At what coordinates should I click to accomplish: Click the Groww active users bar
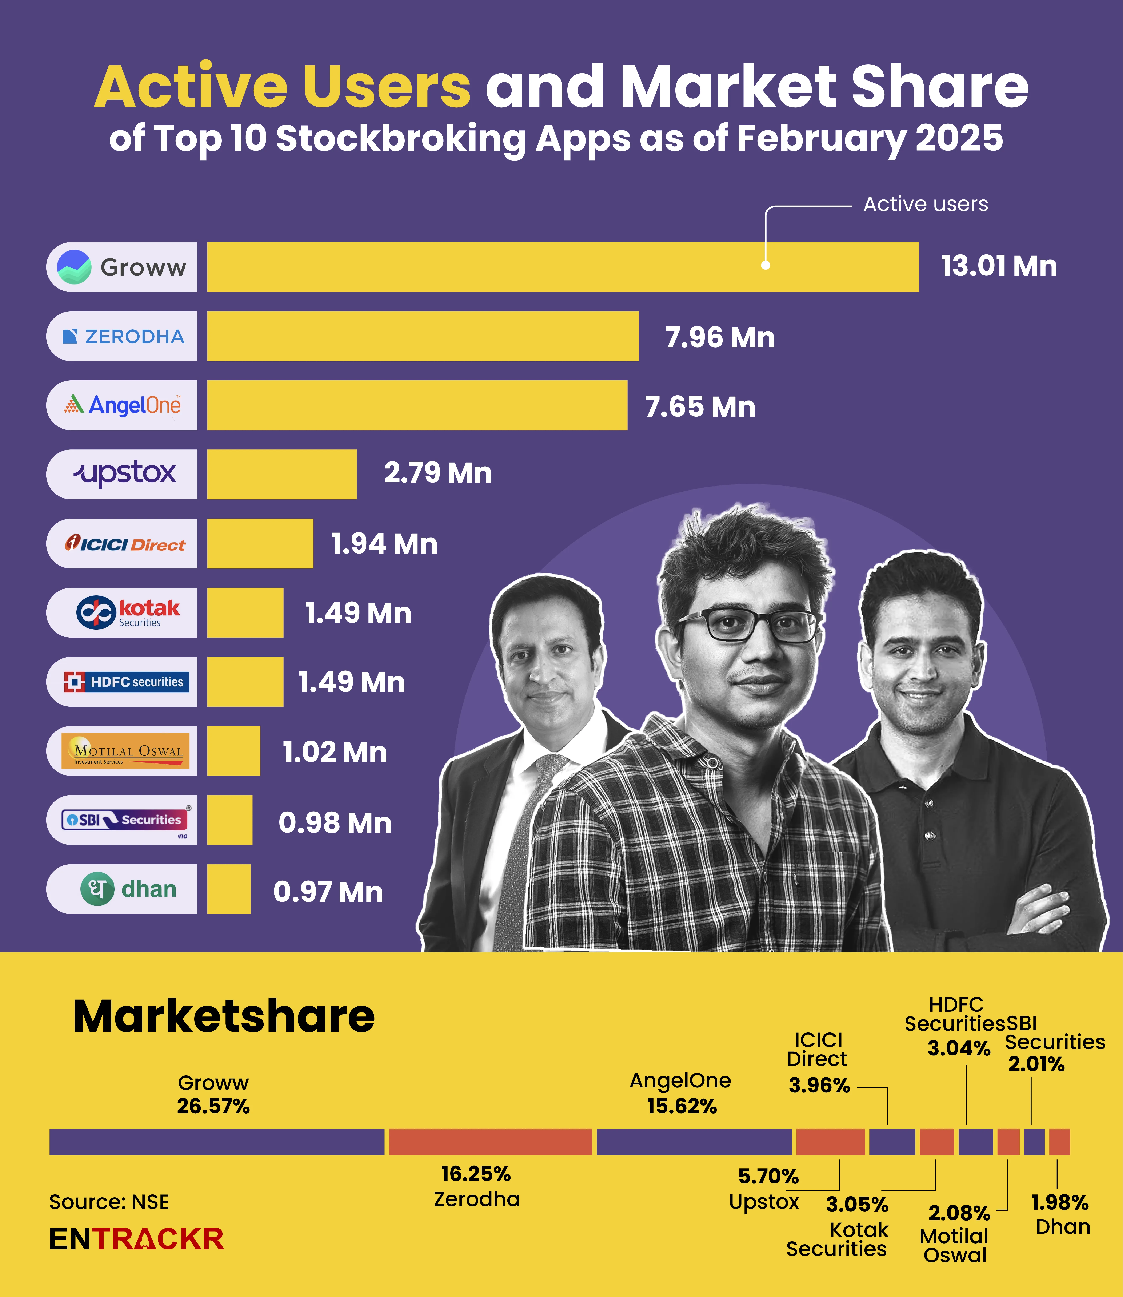click(563, 267)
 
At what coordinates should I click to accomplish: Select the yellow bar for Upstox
click(282, 474)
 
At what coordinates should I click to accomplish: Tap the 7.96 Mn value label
click(719, 337)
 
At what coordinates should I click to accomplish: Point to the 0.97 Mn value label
click(328, 891)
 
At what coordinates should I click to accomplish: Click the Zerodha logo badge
click(122, 336)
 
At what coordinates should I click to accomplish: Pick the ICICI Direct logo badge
click(122, 543)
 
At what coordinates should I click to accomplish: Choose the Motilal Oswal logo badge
click(122, 751)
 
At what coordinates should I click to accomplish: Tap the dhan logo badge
click(122, 889)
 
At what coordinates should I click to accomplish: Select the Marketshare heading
click(224, 1016)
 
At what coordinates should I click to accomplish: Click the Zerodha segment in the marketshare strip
click(490, 1142)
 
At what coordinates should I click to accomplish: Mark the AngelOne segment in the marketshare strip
click(694, 1142)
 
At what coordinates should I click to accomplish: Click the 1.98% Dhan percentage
click(1060, 1202)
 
